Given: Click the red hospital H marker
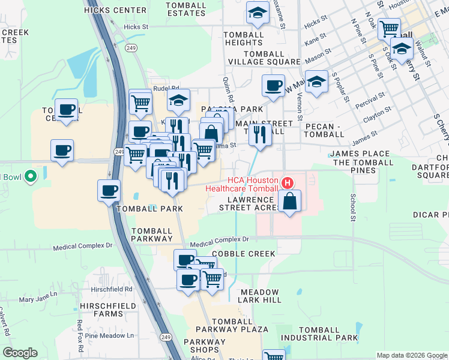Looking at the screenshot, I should click(288, 182).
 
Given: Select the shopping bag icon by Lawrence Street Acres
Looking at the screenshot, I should click(289, 202).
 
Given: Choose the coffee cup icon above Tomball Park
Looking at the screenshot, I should click(109, 190).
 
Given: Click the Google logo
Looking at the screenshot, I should click(20, 353).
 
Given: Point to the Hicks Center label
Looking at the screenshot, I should click(115, 10).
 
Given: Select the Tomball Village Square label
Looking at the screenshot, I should click(264, 62).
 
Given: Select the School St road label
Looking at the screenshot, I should click(353, 207).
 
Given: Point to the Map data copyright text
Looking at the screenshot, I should click(411, 355).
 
